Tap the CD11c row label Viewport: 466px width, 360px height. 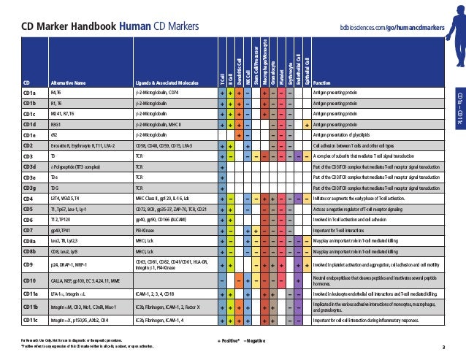pos(30,320)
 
